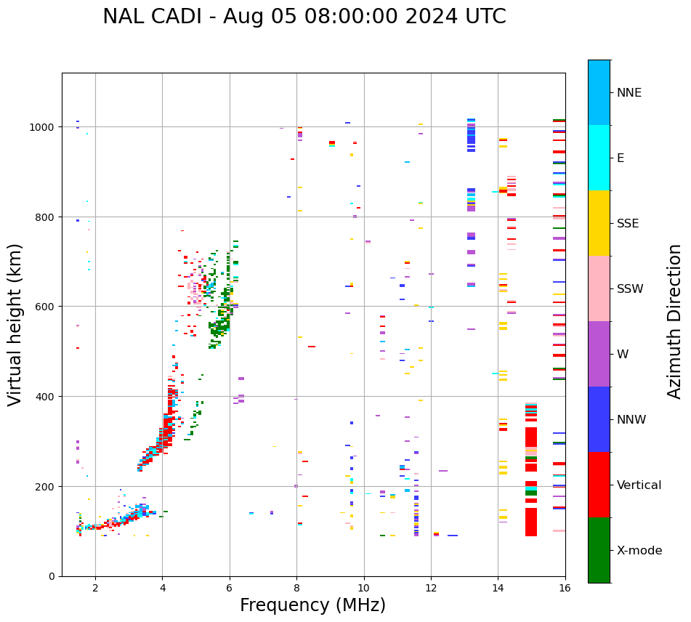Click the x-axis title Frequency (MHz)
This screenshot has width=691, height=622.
pos(312,605)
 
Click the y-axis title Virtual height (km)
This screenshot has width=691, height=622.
pos(16,324)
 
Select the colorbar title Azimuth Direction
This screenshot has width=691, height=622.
pos(675,321)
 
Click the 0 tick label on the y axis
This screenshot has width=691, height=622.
pos(52,576)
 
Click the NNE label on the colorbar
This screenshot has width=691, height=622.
pos(629,92)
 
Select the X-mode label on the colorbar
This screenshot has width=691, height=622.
pos(639,551)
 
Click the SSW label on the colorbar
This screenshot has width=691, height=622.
pos(630,289)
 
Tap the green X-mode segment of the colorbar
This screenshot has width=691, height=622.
pos(599,550)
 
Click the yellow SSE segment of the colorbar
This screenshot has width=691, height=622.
pos(599,223)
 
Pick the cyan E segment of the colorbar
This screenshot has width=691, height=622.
pos(599,158)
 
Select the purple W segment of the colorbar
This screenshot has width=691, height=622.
pos(599,354)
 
